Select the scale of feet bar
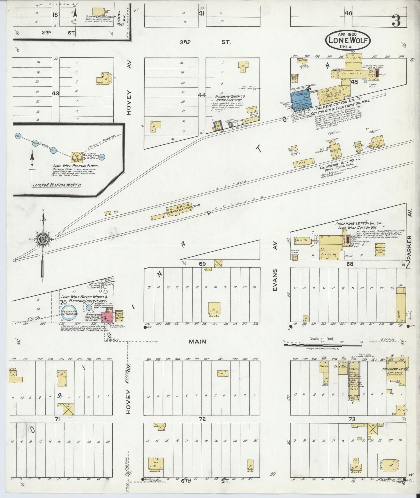tap(323, 345)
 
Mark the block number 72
tap(202, 419)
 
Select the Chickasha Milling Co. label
tap(340, 160)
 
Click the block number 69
tap(202, 264)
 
